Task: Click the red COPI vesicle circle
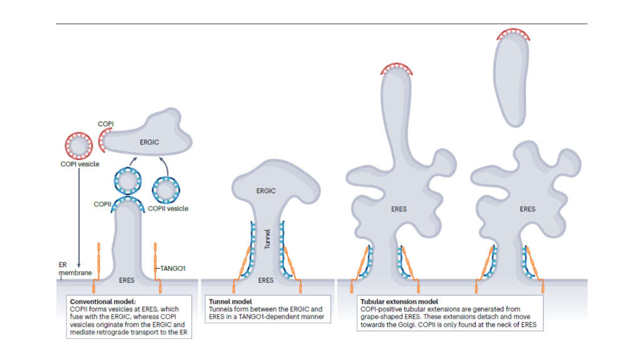click(78, 146)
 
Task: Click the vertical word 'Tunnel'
click(266, 240)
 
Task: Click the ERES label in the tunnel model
click(266, 280)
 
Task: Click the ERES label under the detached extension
click(527, 209)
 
